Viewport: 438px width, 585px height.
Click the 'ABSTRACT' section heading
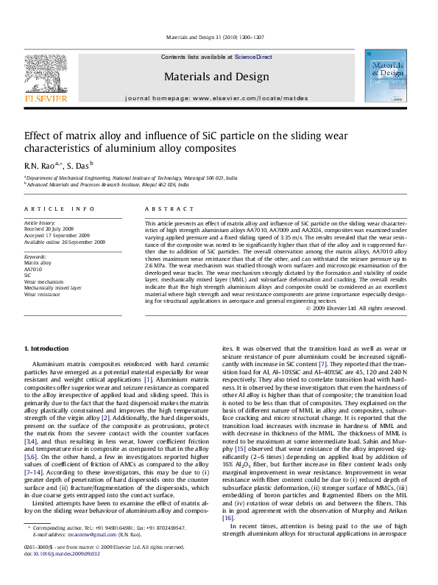(x=163, y=209)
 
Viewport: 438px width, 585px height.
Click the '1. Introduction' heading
(x=47, y=347)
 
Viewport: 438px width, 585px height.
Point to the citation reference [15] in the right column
(x=239, y=449)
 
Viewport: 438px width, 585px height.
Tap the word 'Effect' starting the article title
(x=38, y=136)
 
